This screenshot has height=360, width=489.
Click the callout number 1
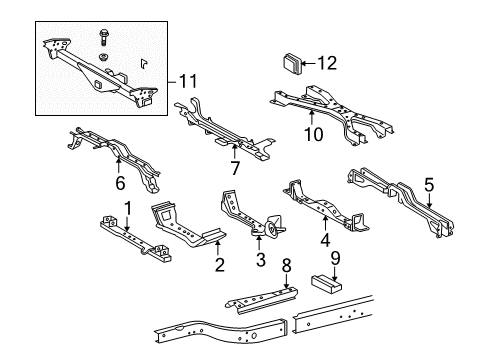[x=127, y=207]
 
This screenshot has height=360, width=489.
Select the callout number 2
[x=219, y=266]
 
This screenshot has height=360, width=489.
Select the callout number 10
[x=313, y=134]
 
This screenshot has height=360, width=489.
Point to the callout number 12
[x=326, y=63]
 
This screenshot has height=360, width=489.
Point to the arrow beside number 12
[x=309, y=63]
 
